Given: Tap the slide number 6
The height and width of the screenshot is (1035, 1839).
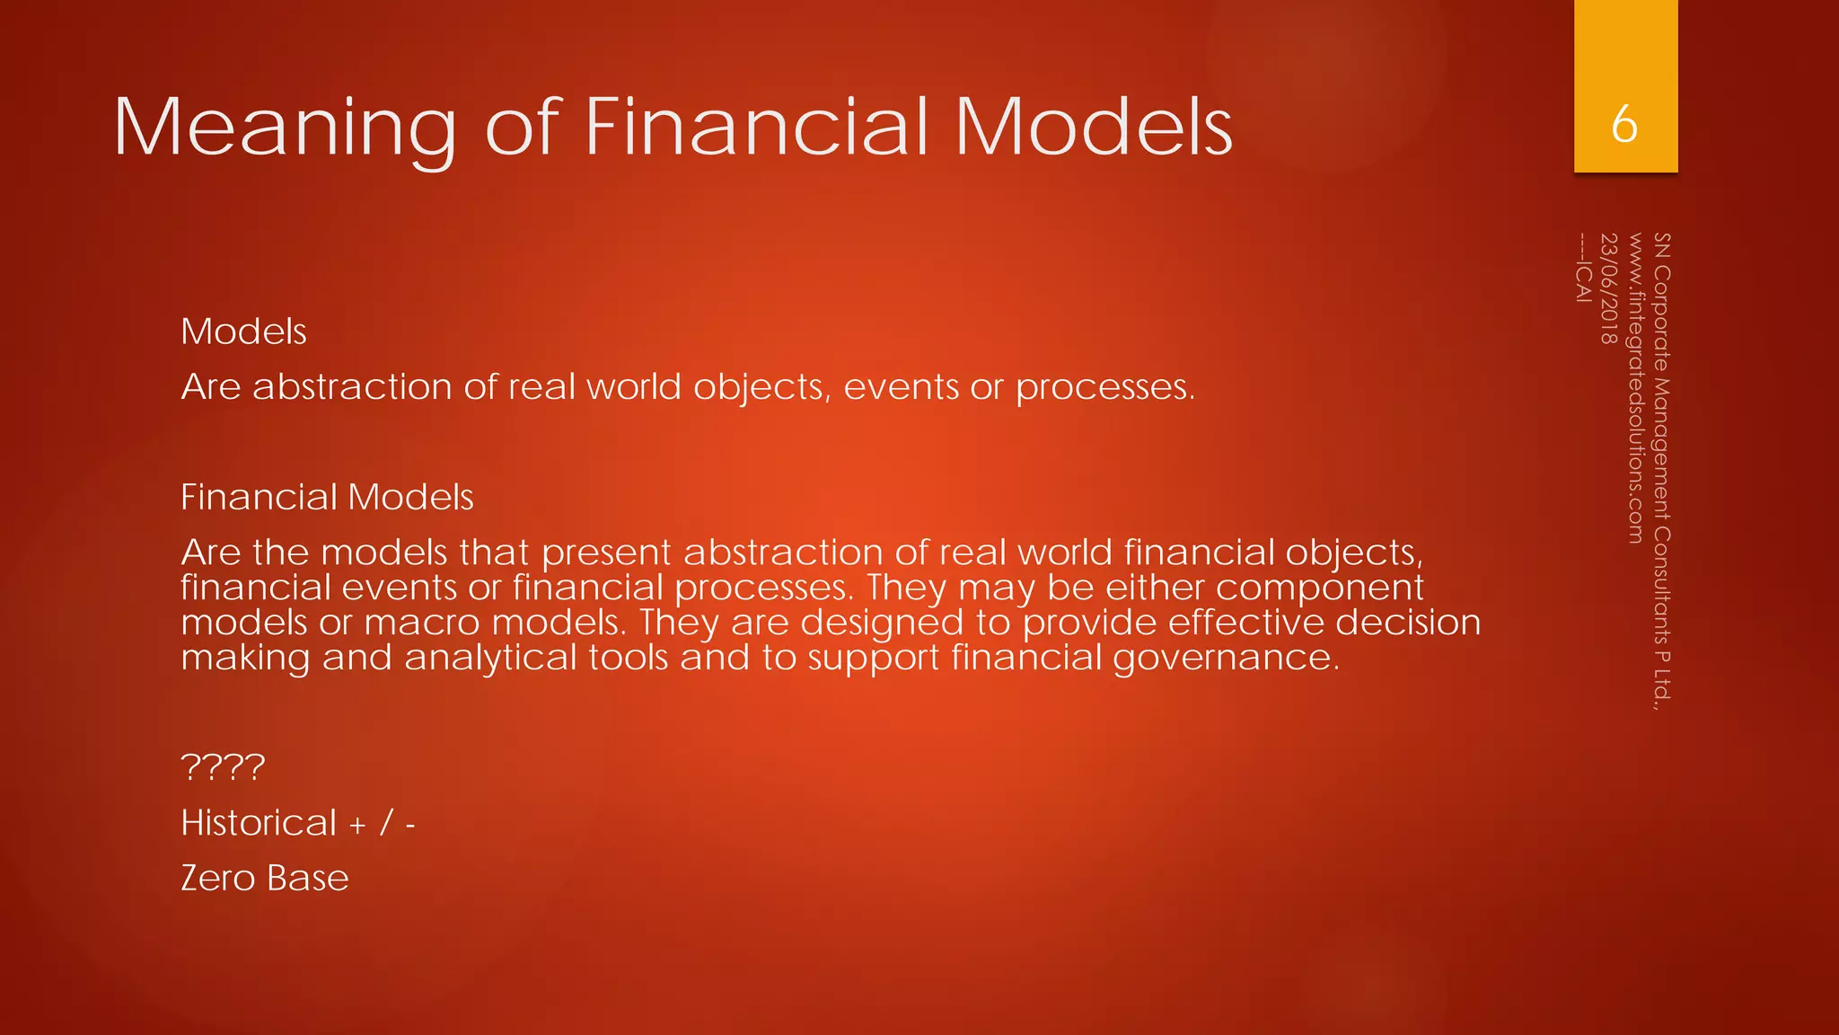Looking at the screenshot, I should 1624,124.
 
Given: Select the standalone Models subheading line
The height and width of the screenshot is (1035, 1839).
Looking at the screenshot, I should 243,332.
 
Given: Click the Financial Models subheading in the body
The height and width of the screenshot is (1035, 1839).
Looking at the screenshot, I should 327,497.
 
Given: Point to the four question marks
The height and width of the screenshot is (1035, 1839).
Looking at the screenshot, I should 223,767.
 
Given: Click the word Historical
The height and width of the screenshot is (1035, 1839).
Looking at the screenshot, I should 259,823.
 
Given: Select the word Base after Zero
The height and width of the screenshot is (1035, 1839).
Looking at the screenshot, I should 307,878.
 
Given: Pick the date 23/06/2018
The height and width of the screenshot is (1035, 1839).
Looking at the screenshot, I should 1609,288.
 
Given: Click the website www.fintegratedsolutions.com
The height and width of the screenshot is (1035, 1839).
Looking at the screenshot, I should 1635,388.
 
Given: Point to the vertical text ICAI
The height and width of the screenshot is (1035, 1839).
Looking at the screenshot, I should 1584,281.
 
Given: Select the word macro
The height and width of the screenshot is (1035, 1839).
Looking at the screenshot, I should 422,623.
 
